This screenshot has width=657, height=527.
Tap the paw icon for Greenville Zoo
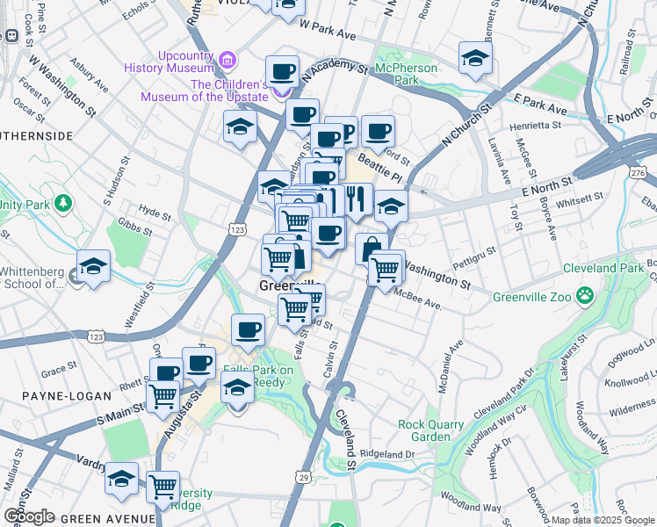[585, 297]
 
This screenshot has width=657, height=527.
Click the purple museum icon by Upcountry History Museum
[227, 60]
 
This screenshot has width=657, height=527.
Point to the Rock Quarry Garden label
[430, 430]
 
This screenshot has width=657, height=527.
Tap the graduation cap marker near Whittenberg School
[93, 266]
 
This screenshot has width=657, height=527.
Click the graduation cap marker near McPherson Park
[475, 59]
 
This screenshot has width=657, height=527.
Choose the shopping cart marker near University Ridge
[163, 487]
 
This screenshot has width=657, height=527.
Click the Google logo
[28, 516]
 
